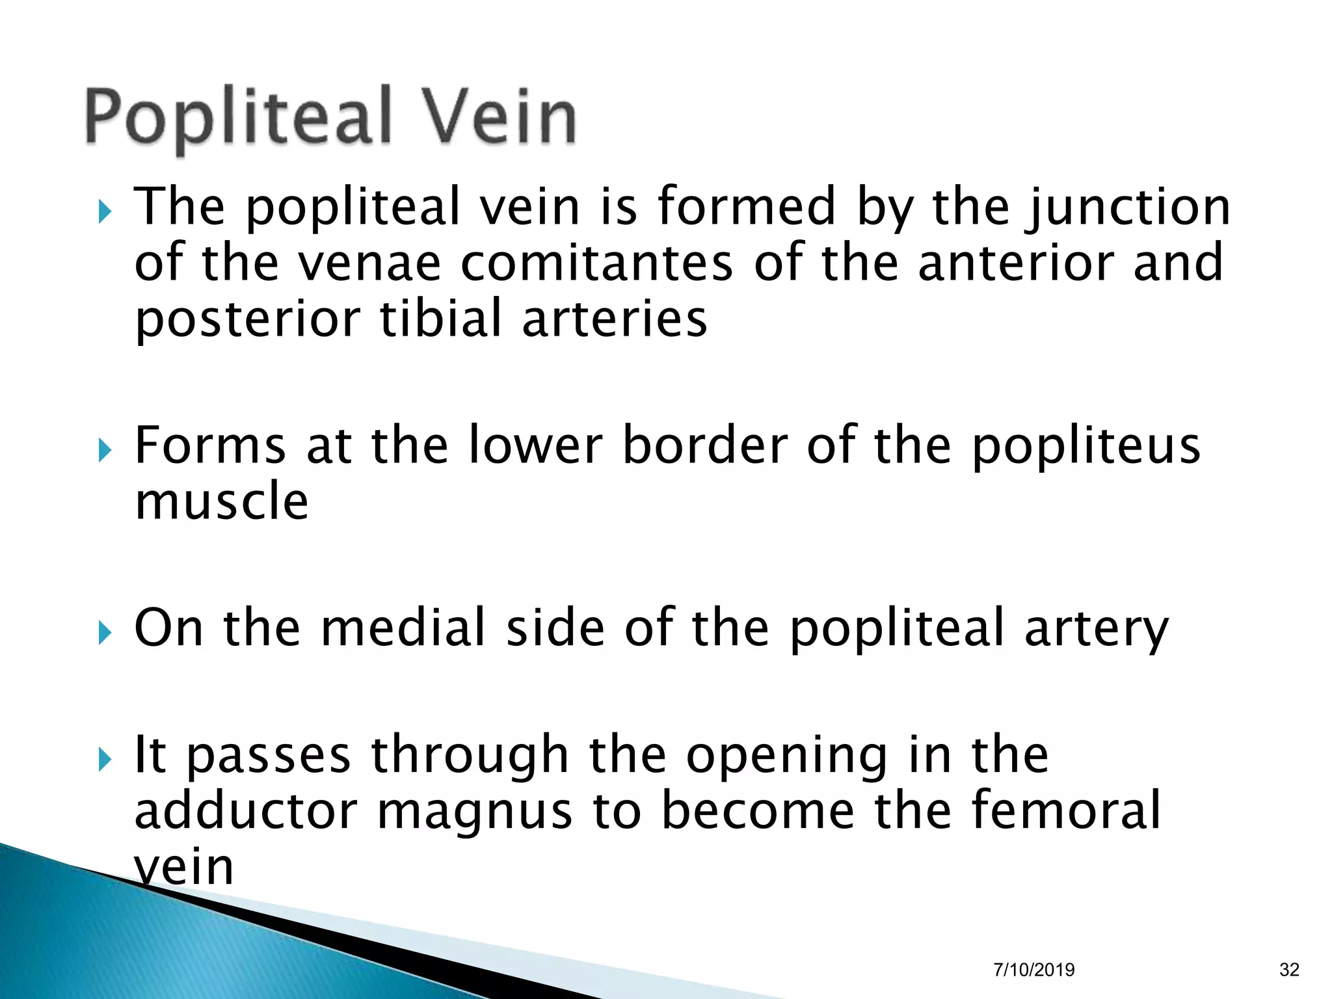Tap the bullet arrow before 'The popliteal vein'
click(x=105, y=211)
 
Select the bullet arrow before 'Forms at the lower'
click(x=105, y=450)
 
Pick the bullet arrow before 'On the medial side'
click(x=105, y=632)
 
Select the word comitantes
click(x=597, y=263)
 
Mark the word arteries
click(x=615, y=319)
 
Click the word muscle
click(x=222, y=502)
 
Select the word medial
click(x=403, y=628)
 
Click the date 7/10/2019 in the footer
click(x=1034, y=970)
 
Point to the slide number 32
click(x=1289, y=970)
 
